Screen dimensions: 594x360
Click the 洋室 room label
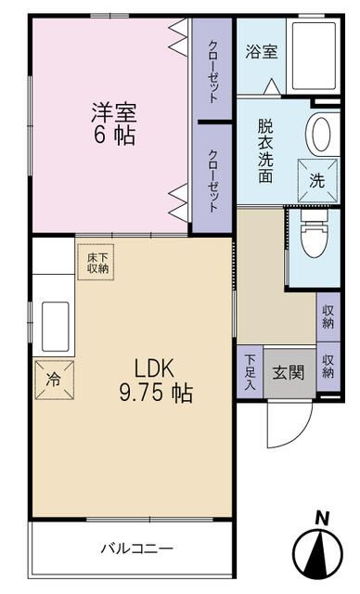coord(113,112)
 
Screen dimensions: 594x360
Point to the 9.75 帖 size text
coord(155,393)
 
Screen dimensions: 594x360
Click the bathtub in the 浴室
coord(315,55)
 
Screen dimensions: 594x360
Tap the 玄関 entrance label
coord(287,373)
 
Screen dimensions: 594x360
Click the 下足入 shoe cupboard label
coord(251,371)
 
